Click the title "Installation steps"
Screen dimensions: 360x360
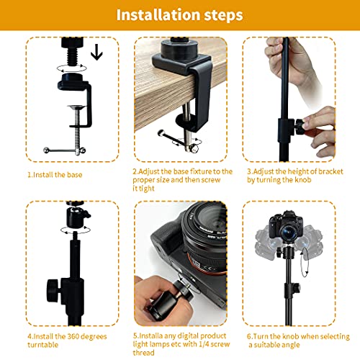179,14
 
